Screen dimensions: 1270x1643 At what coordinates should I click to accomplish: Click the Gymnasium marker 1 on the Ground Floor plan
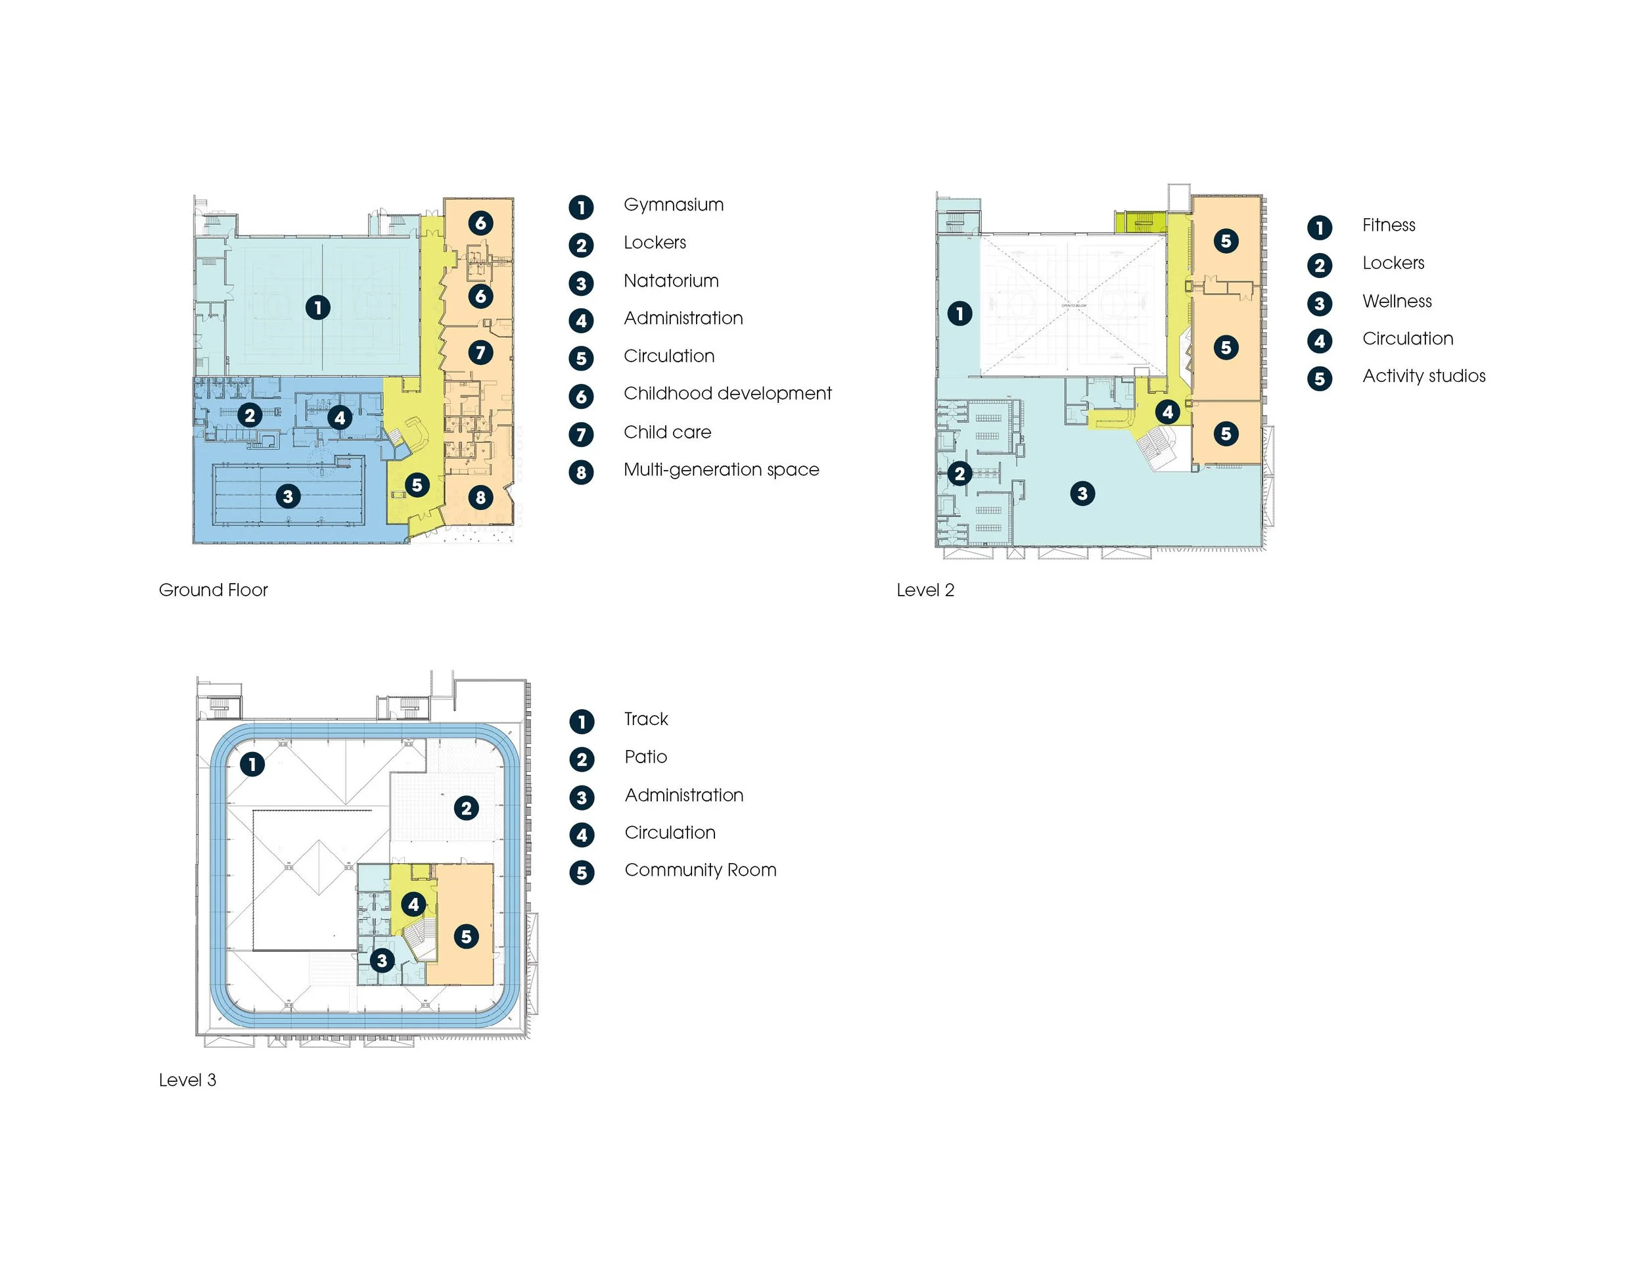click(x=318, y=307)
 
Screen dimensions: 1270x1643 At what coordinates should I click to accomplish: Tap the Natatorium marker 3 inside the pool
click(x=287, y=496)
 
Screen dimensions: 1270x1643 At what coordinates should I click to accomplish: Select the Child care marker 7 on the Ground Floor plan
click(x=480, y=352)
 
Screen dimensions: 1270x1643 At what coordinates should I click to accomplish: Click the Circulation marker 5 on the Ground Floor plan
click(x=417, y=485)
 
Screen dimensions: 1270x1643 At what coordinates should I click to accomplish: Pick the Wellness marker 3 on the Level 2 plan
click(x=1082, y=494)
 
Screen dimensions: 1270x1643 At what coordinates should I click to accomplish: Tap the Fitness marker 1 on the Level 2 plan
click(x=959, y=313)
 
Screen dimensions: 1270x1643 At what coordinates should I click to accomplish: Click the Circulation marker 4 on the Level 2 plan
click(x=1168, y=412)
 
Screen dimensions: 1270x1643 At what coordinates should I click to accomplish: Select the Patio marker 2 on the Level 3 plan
click(x=467, y=808)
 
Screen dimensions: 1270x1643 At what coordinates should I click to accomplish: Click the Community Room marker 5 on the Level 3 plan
click(x=467, y=936)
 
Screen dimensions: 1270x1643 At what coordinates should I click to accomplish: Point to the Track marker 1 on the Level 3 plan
click(x=252, y=764)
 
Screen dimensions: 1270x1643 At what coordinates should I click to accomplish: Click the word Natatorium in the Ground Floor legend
click(x=671, y=281)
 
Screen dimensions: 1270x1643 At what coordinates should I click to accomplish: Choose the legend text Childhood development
click(x=728, y=394)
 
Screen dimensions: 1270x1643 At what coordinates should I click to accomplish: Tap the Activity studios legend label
click(x=1423, y=376)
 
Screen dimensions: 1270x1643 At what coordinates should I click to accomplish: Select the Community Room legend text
click(x=700, y=870)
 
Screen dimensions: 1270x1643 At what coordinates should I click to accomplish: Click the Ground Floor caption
click(x=213, y=590)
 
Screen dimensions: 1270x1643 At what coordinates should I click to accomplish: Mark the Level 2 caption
click(x=925, y=590)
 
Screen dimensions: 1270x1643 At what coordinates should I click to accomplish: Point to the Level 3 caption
click(x=187, y=1079)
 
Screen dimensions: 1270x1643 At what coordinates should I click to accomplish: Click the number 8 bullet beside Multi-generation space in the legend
click(x=581, y=473)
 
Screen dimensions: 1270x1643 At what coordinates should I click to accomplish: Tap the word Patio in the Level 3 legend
click(x=645, y=757)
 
